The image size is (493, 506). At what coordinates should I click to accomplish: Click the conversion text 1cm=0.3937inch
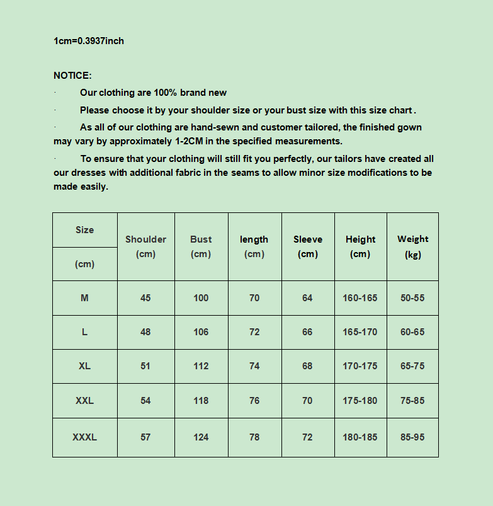[x=89, y=41]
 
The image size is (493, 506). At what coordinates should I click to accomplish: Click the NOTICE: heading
[x=72, y=76]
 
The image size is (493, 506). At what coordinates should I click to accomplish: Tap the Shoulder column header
[x=145, y=239]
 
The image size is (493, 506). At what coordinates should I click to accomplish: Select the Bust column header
[x=201, y=239]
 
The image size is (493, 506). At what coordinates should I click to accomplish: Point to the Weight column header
[x=412, y=239]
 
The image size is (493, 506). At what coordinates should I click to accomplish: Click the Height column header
[x=360, y=239]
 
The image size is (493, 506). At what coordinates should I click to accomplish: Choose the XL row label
[x=84, y=366]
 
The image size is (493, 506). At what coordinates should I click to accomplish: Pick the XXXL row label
[x=84, y=437]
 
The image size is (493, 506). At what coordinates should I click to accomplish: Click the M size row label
[x=84, y=298]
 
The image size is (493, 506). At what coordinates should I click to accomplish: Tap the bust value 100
[x=201, y=298]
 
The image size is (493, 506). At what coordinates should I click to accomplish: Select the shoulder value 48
[x=145, y=332]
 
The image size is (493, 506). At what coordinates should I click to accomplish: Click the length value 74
[x=254, y=366]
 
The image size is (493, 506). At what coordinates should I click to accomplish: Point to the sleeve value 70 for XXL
[x=307, y=400]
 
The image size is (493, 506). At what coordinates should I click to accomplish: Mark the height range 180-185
[x=360, y=437]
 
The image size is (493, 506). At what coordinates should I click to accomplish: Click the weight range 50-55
[x=412, y=298]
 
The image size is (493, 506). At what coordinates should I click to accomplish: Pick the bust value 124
[x=201, y=437]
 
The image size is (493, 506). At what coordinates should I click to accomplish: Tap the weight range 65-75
[x=412, y=366]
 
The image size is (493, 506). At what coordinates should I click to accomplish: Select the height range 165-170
[x=360, y=332]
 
